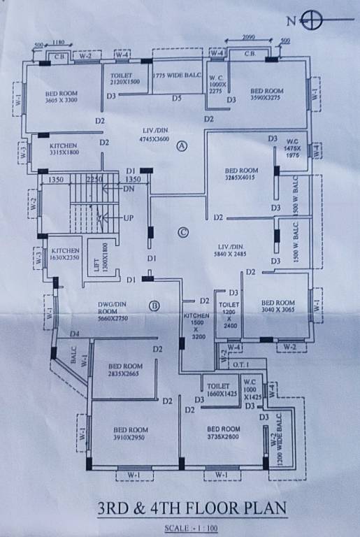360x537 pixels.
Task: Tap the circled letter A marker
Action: [x=182, y=146]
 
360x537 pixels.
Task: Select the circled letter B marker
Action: [x=154, y=306]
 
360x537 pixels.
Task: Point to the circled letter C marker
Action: [x=184, y=233]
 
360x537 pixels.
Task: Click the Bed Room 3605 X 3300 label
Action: [x=62, y=96]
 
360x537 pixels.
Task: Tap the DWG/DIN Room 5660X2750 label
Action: [x=112, y=309]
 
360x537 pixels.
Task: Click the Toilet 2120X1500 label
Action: [x=124, y=78]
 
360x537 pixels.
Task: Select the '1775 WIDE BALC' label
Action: [x=177, y=75]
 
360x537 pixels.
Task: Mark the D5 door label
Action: [x=177, y=99]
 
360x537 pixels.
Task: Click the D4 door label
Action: [x=74, y=334]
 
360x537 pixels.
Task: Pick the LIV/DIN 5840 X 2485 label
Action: [x=240, y=250]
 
